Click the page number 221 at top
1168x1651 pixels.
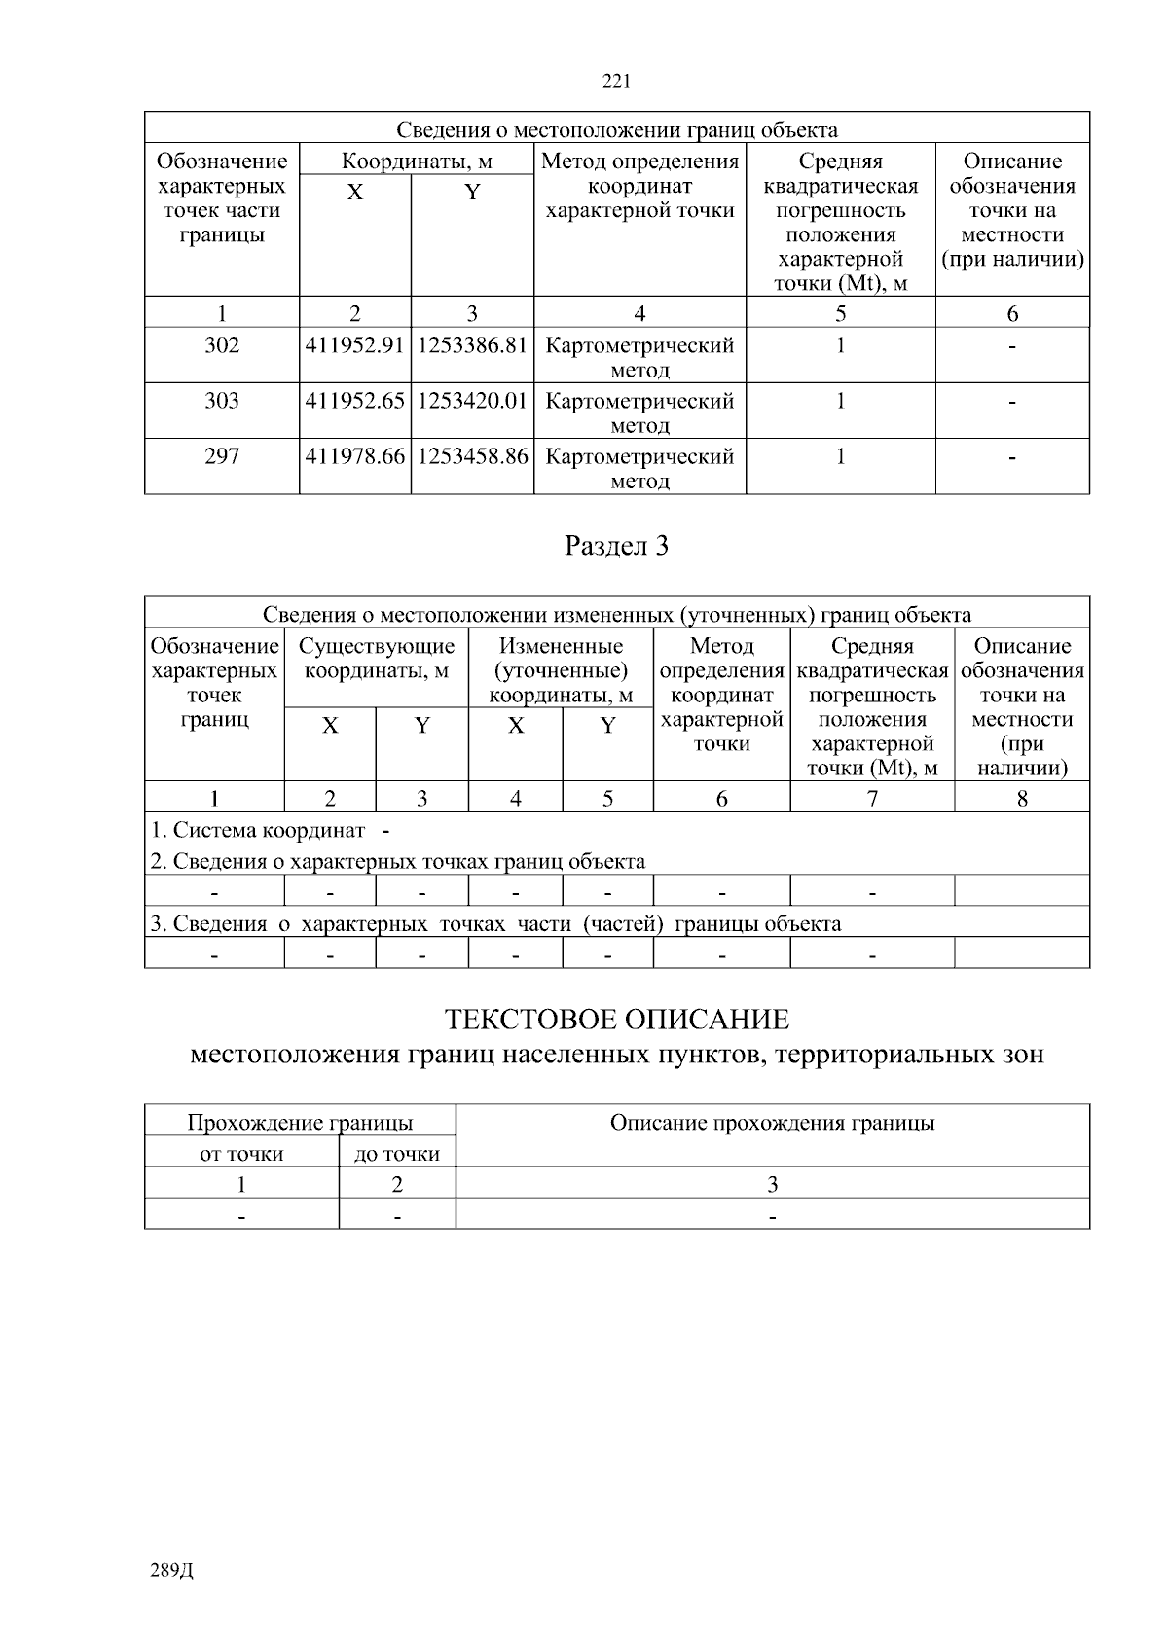pyautogui.click(x=617, y=82)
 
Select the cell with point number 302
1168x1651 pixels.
pyautogui.click(x=222, y=346)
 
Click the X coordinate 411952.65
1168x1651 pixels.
pyautogui.click(x=354, y=402)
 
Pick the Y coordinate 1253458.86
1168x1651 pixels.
pyautogui.click(x=472, y=457)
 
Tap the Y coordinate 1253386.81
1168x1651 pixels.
pyautogui.click(x=472, y=346)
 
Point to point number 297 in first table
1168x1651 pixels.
pyautogui.click(x=222, y=457)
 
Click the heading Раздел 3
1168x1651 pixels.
pyautogui.click(x=617, y=547)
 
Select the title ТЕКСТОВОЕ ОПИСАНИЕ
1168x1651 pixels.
pyautogui.click(x=617, y=1021)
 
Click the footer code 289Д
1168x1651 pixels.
pyautogui.click(x=172, y=1571)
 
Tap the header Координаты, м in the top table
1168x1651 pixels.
pyautogui.click(x=417, y=162)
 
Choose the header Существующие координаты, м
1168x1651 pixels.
pyautogui.click(x=377, y=659)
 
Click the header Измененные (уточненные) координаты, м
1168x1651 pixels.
pyautogui.click(x=561, y=670)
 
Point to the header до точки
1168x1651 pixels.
pyautogui.click(x=397, y=1155)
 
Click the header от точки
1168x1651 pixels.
pyautogui.click(x=241, y=1155)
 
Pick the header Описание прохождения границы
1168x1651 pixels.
pyautogui.click(x=772, y=1124)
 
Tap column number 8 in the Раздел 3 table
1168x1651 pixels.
pyautogui.click(x=1022, y=799)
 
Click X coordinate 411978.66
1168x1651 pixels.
pyautogui.click(x=354, y=457)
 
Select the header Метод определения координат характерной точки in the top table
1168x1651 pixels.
pyautogui.click(x=639, y=186)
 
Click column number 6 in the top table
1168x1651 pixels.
pyautogui.click(x=1012, y=313)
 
